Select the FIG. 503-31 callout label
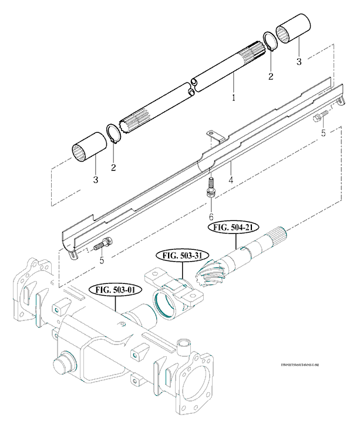click(180, 256)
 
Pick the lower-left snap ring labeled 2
click(113, 134)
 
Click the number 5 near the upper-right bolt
click(322, 133)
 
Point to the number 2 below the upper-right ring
click(271, 76)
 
